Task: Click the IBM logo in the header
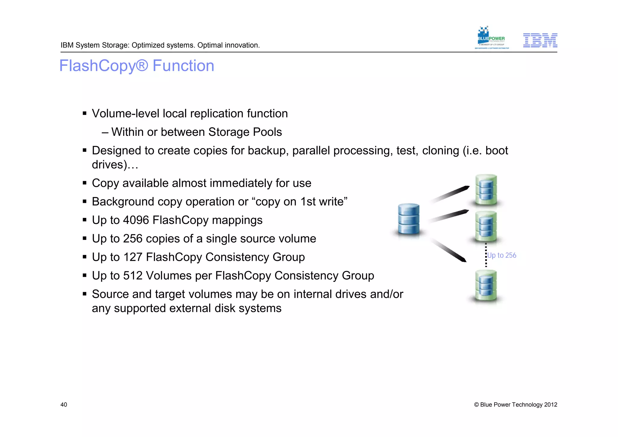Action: (540, 40)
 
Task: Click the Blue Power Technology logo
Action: (491, 38)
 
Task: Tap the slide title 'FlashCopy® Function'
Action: (137, 66)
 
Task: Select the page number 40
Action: (64, 405)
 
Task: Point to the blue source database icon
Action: (409, 220)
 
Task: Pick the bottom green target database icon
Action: (486, 286)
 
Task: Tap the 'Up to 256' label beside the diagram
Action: (502, 255)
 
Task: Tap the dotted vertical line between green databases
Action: (486, 255)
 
